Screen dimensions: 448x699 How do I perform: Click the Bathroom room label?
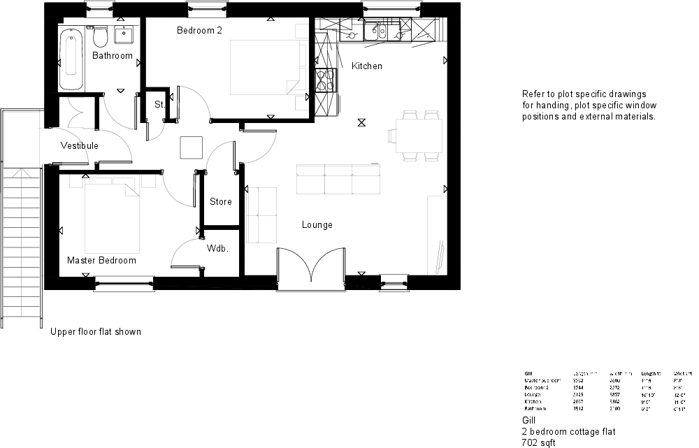[112, 55]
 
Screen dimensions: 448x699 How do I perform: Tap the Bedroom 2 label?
[199, 31]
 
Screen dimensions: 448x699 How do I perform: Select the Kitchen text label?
[366, 66]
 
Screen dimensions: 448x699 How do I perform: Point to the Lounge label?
[317, 225]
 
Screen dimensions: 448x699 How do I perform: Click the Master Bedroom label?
[101, 261]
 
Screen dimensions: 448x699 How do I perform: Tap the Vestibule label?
[79, 146]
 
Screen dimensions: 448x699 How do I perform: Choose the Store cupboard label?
[220, 202]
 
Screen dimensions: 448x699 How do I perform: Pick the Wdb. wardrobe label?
[218, 249]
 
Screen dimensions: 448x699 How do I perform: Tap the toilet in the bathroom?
[99, 36]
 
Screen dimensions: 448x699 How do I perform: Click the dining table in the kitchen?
[419, 134]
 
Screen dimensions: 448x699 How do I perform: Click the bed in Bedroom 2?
[266, 66]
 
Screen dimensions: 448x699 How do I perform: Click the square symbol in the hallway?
[191, 147]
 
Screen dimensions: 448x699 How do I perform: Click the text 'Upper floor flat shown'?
[95, 332]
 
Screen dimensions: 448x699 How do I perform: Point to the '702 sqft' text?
[538, 442]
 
